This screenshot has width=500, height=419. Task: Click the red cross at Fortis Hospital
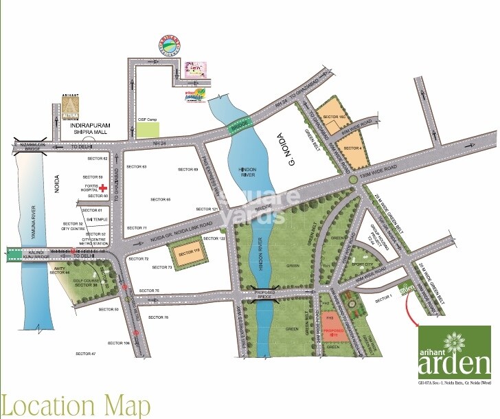103,187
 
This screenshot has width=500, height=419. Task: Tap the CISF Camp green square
147,129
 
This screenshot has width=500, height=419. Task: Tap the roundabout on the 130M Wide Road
352,179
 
